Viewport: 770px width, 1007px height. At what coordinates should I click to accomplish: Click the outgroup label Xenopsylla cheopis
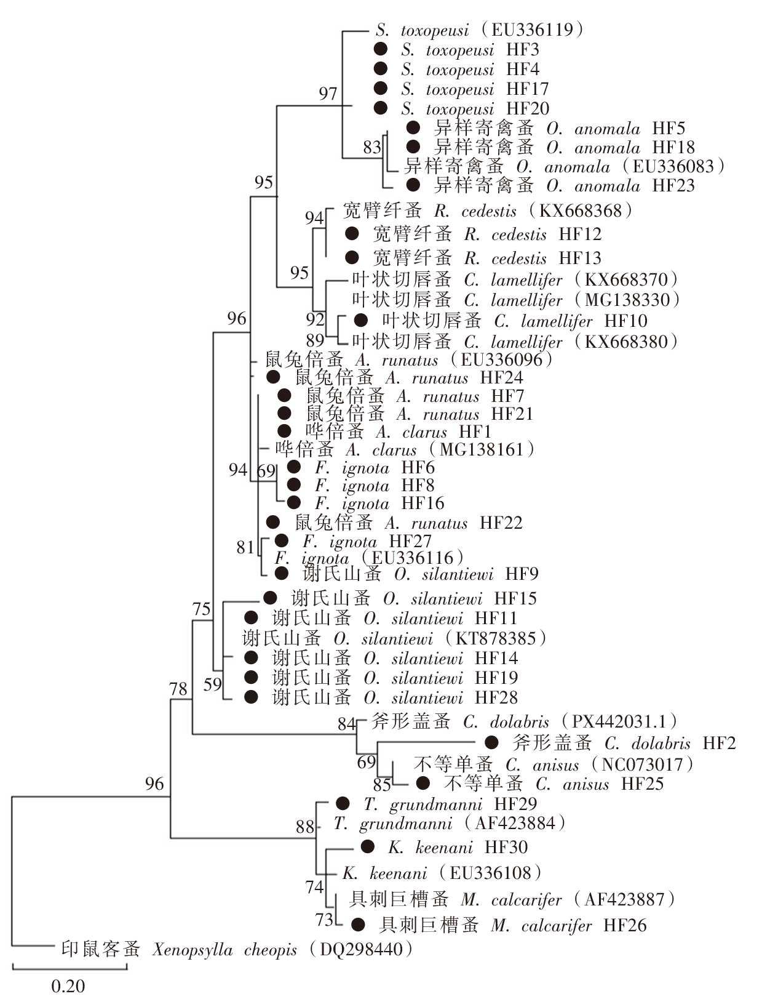pyautogui.click(x=224, y=950)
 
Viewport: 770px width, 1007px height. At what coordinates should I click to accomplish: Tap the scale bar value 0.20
pyautogui.click(x=68, y=986)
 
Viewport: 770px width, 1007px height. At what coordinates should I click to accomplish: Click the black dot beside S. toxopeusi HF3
pyautogui.click(x=381, y=49)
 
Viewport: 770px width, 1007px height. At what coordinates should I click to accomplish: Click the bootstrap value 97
pyautogui.click(x=328, y=93)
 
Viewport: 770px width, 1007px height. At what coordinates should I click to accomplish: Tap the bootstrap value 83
pyautogui.click(x=372, y=147)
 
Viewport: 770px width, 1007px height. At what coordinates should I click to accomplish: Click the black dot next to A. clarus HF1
pyautogui.click(x=284, y=431)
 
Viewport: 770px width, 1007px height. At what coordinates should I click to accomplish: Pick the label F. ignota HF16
pyautogui.click(x=379, y=503)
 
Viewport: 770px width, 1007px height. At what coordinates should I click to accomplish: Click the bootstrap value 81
pyautogui.click(x=245, y=547)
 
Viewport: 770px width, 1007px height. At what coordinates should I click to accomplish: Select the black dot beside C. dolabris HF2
pyautogui.click(x=491, y=742)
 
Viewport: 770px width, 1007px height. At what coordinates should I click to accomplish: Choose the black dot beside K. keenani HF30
pyautogui.click(x=367, y=847)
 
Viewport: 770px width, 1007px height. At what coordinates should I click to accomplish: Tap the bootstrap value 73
pyautogui.click(x=324, y=920)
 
